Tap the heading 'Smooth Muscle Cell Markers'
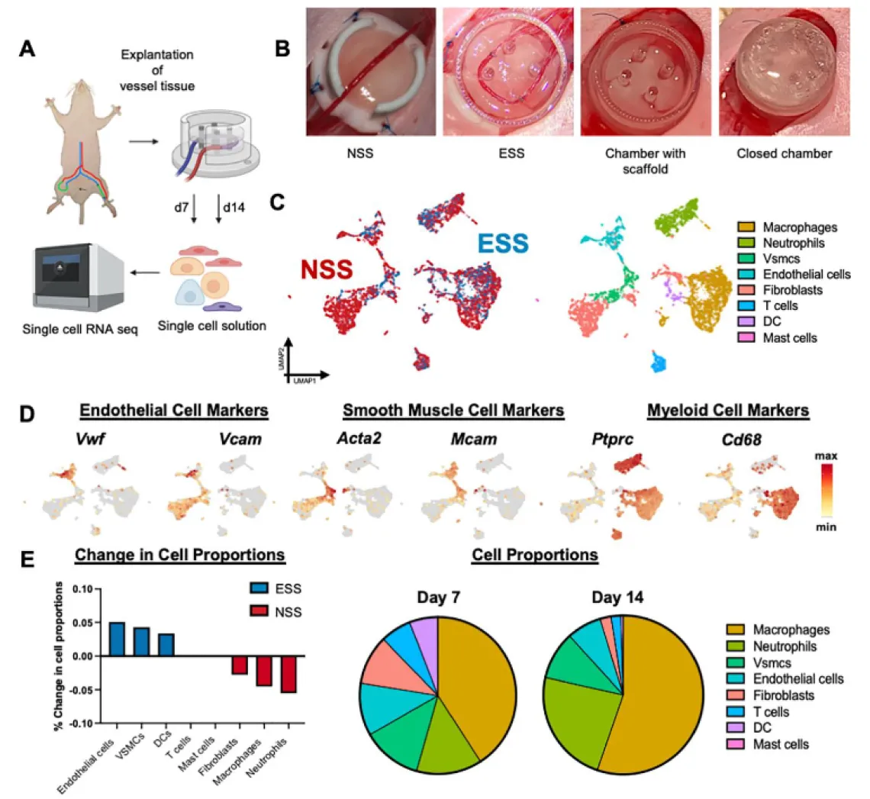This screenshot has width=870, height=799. point(453,411)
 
